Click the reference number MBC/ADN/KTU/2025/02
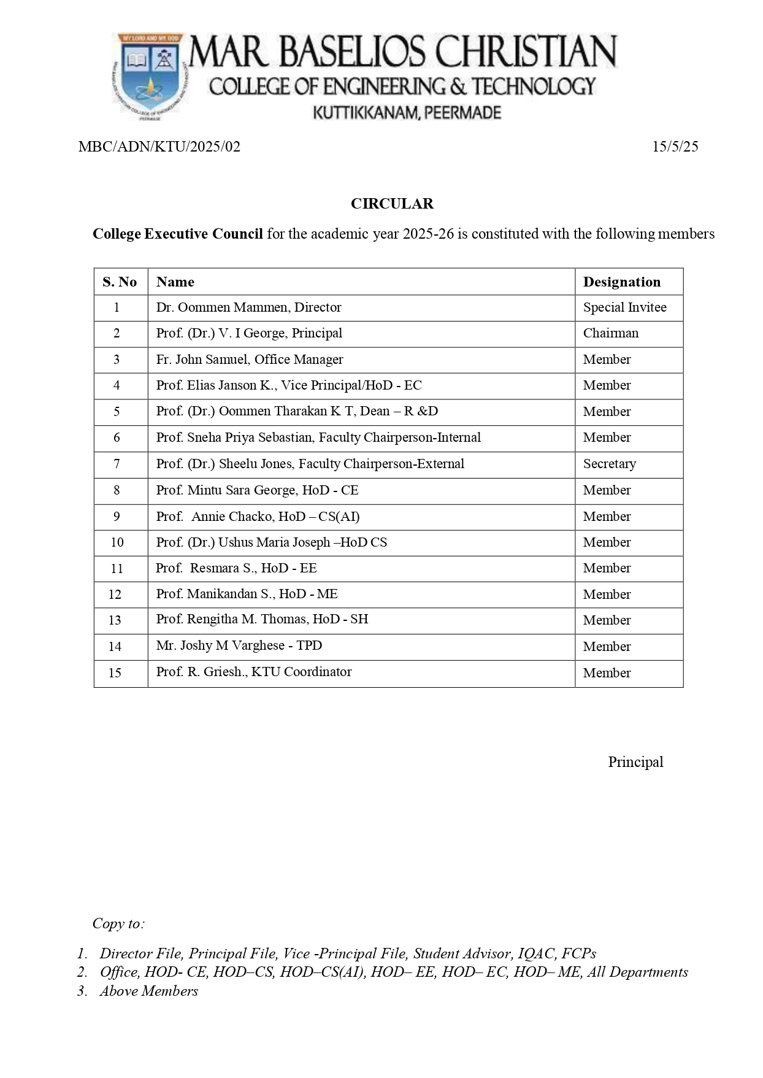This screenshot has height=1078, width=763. [159, 147]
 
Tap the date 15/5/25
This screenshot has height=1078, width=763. [675, 147]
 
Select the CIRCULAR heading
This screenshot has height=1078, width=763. [392, 204]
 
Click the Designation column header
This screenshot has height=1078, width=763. [621, 282]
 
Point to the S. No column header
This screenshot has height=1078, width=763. [120, 282]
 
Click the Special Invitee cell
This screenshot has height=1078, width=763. [624, 307]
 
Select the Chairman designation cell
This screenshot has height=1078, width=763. [610, 333]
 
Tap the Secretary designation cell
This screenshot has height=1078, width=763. [609, 464]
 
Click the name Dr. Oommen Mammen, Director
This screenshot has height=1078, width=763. [248, 307]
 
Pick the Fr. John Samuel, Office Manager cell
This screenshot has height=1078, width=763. [250, 360]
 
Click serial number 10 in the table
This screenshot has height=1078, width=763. [117, 542]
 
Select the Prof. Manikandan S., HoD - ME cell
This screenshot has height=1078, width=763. [247, 594]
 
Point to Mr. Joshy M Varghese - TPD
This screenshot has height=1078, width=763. [239, 645]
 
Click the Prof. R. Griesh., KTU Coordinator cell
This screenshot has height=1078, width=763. [254, 672]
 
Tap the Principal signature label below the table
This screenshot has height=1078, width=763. [635, 762]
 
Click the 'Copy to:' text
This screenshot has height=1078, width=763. [118, 923]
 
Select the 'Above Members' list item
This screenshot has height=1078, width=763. [149, 991]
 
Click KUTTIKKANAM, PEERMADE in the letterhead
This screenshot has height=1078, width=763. [407, 113]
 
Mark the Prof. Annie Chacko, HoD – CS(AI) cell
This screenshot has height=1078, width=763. [258, 517]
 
